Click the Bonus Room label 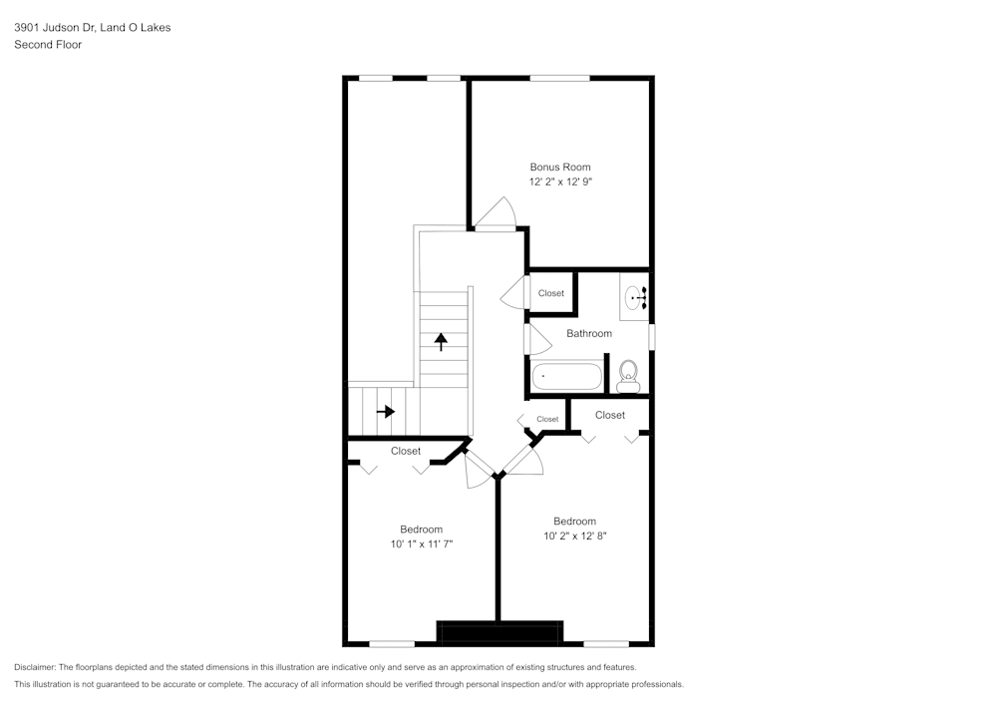point(559,168)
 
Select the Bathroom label point(589,333)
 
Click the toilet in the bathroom point(628,376)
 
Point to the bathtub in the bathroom point(566,377)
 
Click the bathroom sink point(635,296)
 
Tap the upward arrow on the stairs point(441,341)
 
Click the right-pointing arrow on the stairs point(385,411)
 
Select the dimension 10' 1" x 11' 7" point(421,544)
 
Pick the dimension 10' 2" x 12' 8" point(575,536)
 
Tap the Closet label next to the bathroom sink point(551,293)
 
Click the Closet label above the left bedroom point(406,451)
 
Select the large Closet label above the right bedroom point(610,415)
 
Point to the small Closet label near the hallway point(547,419)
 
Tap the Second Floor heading point(48,45)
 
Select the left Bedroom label point(421,529)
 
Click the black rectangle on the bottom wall point(500,632)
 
